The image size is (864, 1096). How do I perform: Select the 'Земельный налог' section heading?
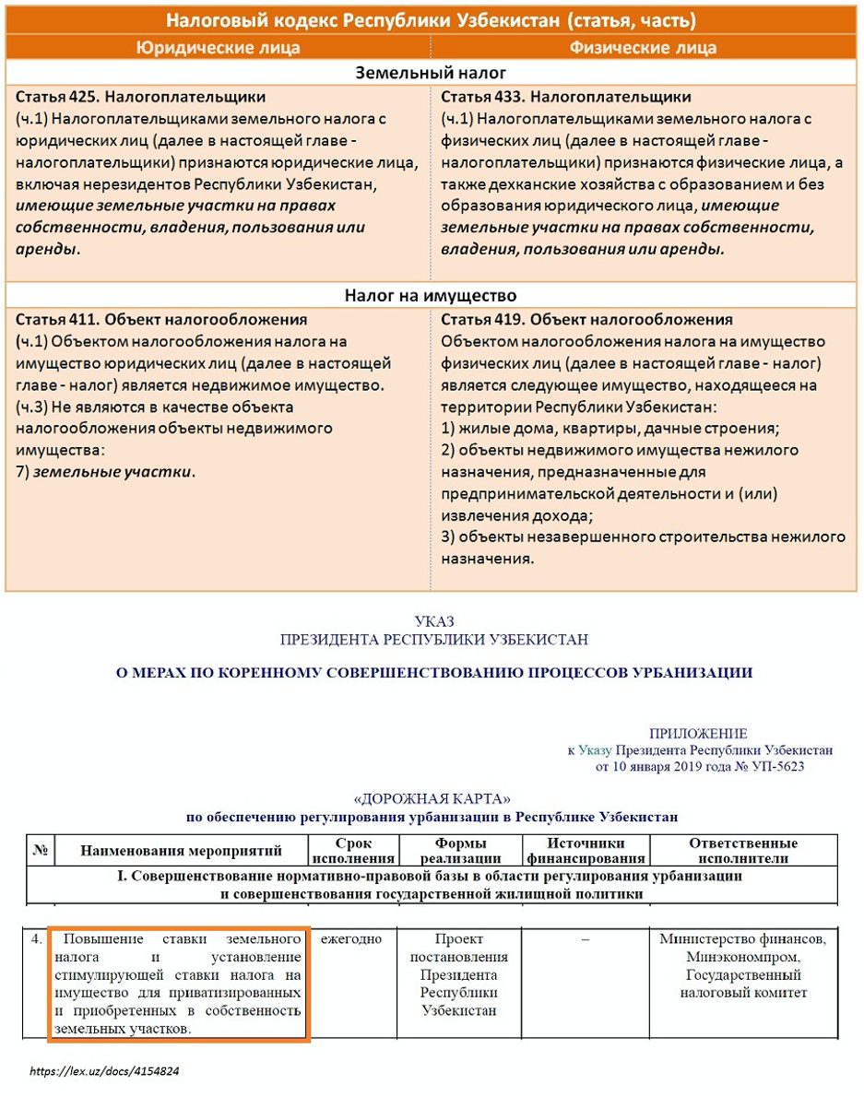[x=432, y=73]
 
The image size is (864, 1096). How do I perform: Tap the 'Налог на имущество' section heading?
[x=432, y=296]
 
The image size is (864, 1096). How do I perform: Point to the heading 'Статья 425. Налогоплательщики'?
[x=141, y=97]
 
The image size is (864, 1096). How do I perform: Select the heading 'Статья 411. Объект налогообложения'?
[x=162, y=320]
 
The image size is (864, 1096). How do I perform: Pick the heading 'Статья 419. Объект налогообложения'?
[x=587, y=320]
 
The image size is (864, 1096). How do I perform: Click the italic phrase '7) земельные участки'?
[x=106, y=472]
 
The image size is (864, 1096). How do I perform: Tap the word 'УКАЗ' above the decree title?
[x=434, y=622]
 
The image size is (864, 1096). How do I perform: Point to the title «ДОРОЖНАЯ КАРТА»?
[x=432, y=798]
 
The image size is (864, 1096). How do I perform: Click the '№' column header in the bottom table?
[x=41, y=850]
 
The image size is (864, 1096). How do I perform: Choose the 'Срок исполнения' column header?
[x=354, y=850]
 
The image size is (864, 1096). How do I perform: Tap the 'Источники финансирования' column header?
[x=586, y=850]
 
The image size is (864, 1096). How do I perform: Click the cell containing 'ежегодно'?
[x=351, y=939]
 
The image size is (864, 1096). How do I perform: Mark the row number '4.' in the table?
[x=36, y=939]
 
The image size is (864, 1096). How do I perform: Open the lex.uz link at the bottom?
[x=104, y=1073]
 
